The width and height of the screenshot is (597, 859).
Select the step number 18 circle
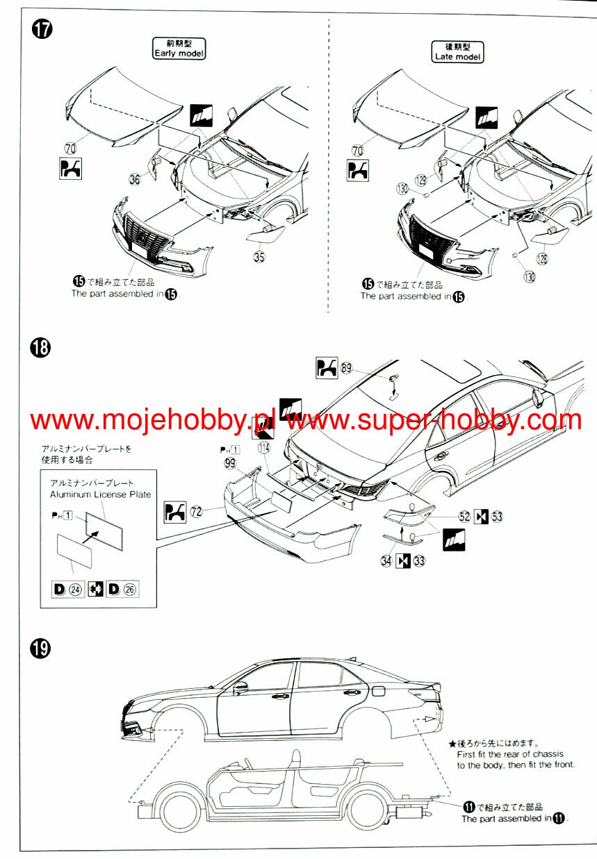click(42, 347)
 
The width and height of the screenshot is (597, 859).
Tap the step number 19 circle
click(42, 649)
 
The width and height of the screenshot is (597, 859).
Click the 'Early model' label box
click(179, 49)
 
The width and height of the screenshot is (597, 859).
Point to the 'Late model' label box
click(457, 51)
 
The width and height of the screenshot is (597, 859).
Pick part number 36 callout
click(135, 179)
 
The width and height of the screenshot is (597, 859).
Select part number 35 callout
click(260, 256)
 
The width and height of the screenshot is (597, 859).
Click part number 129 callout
click(422, 179)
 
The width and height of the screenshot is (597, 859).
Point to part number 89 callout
click(346, 368)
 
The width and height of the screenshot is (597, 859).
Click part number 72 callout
click(197, 512)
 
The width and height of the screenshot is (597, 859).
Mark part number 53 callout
click(496, 516)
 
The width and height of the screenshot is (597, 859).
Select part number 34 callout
click(386, 561)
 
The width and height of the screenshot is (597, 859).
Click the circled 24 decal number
click(75, 590)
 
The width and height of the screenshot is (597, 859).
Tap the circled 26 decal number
click(130, 590)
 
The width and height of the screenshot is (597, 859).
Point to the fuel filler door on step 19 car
click(379, 690)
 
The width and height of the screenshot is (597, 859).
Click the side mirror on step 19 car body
click(240, 687)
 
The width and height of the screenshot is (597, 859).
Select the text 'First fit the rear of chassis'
click(509, 753)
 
